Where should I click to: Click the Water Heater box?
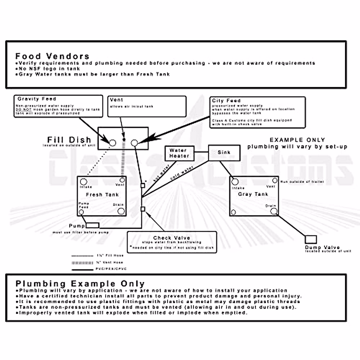pyautogui.click(x=179, y=153)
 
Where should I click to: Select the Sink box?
pyautogui.click(x=224, y=153)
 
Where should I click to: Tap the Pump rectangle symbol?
pyautogui.click(x=92, y=225)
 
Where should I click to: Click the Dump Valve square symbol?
pyautogui.click(x=311, y=239)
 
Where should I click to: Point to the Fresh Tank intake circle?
pyautogui.click(x=84, y=182)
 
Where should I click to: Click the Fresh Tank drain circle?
pyautogui.click(x=121, y=211)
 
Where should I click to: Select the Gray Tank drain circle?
pyautogui.click(x=274, y=211)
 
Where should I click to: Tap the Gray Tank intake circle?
pyautogui.click(x=235, y=182)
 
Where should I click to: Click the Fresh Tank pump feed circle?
pyautogui.click(x=81, y=212)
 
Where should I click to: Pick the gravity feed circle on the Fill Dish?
pyautogui.click(x=112, y=143)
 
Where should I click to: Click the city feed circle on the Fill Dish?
pyautogui.click(x=134, y=143)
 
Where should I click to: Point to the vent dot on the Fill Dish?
pyautogui.click(x=124, y=140)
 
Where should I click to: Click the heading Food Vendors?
pyautogui.click(x=52, y=56)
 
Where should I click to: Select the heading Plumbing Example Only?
pyautogui.click(x=80, y=283)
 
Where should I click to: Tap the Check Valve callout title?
pyautogui.click(x=171, y=238)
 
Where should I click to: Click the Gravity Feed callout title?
pyautogui.click(x=37, y=99)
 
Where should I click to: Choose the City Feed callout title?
pyautogui.click(x=226, y=100)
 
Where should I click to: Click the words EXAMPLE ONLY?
pyautogui.click(x=297, y=140)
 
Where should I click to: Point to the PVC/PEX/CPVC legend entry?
pyautogui.click(x=111, y=269)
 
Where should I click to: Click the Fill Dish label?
pyautogui.click(x=69, y=140)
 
